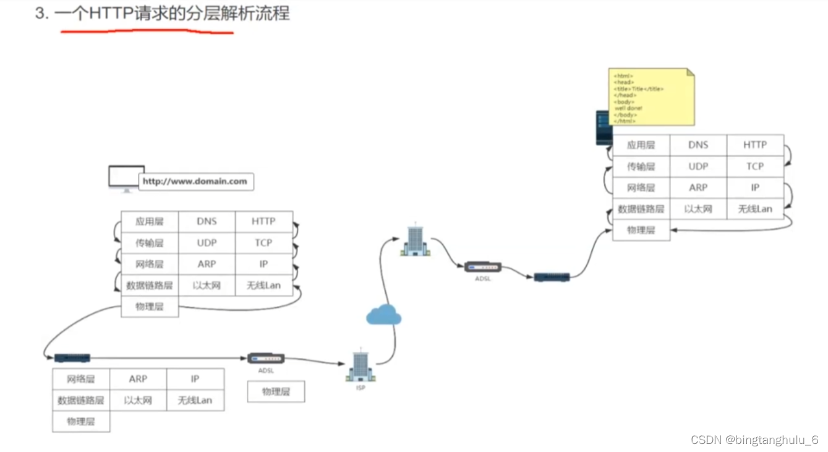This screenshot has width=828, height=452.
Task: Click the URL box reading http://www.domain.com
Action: coord(195,181)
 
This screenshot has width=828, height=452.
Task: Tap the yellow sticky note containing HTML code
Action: coord(651,97)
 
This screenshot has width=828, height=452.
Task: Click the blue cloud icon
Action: coord(383,315)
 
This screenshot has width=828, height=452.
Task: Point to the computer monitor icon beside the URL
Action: coord(126,178)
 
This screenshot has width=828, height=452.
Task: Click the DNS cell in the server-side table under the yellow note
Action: coord(698,145)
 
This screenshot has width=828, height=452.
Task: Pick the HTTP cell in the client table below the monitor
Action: coord(263,222)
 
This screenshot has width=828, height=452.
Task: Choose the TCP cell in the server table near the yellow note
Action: coord(755,167)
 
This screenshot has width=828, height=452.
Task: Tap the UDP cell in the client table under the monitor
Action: coord(207,243)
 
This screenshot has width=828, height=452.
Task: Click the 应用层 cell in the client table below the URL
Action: coord(150,222)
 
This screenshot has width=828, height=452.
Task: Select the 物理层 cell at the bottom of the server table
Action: coord(641,230)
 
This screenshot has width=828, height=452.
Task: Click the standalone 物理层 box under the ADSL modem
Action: coord(276,392)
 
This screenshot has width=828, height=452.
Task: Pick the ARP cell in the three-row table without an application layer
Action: coord(138,379)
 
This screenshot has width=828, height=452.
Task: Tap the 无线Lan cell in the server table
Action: coord(755,209)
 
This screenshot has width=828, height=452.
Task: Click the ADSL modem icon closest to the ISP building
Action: coord(266,359)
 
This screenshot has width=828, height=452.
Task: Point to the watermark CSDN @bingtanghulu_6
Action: coord(754,440)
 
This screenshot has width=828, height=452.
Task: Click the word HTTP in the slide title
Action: coord(112,14)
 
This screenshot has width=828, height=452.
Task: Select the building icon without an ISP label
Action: coord(415,241)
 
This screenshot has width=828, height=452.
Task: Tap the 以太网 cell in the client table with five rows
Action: coord(207,285)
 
